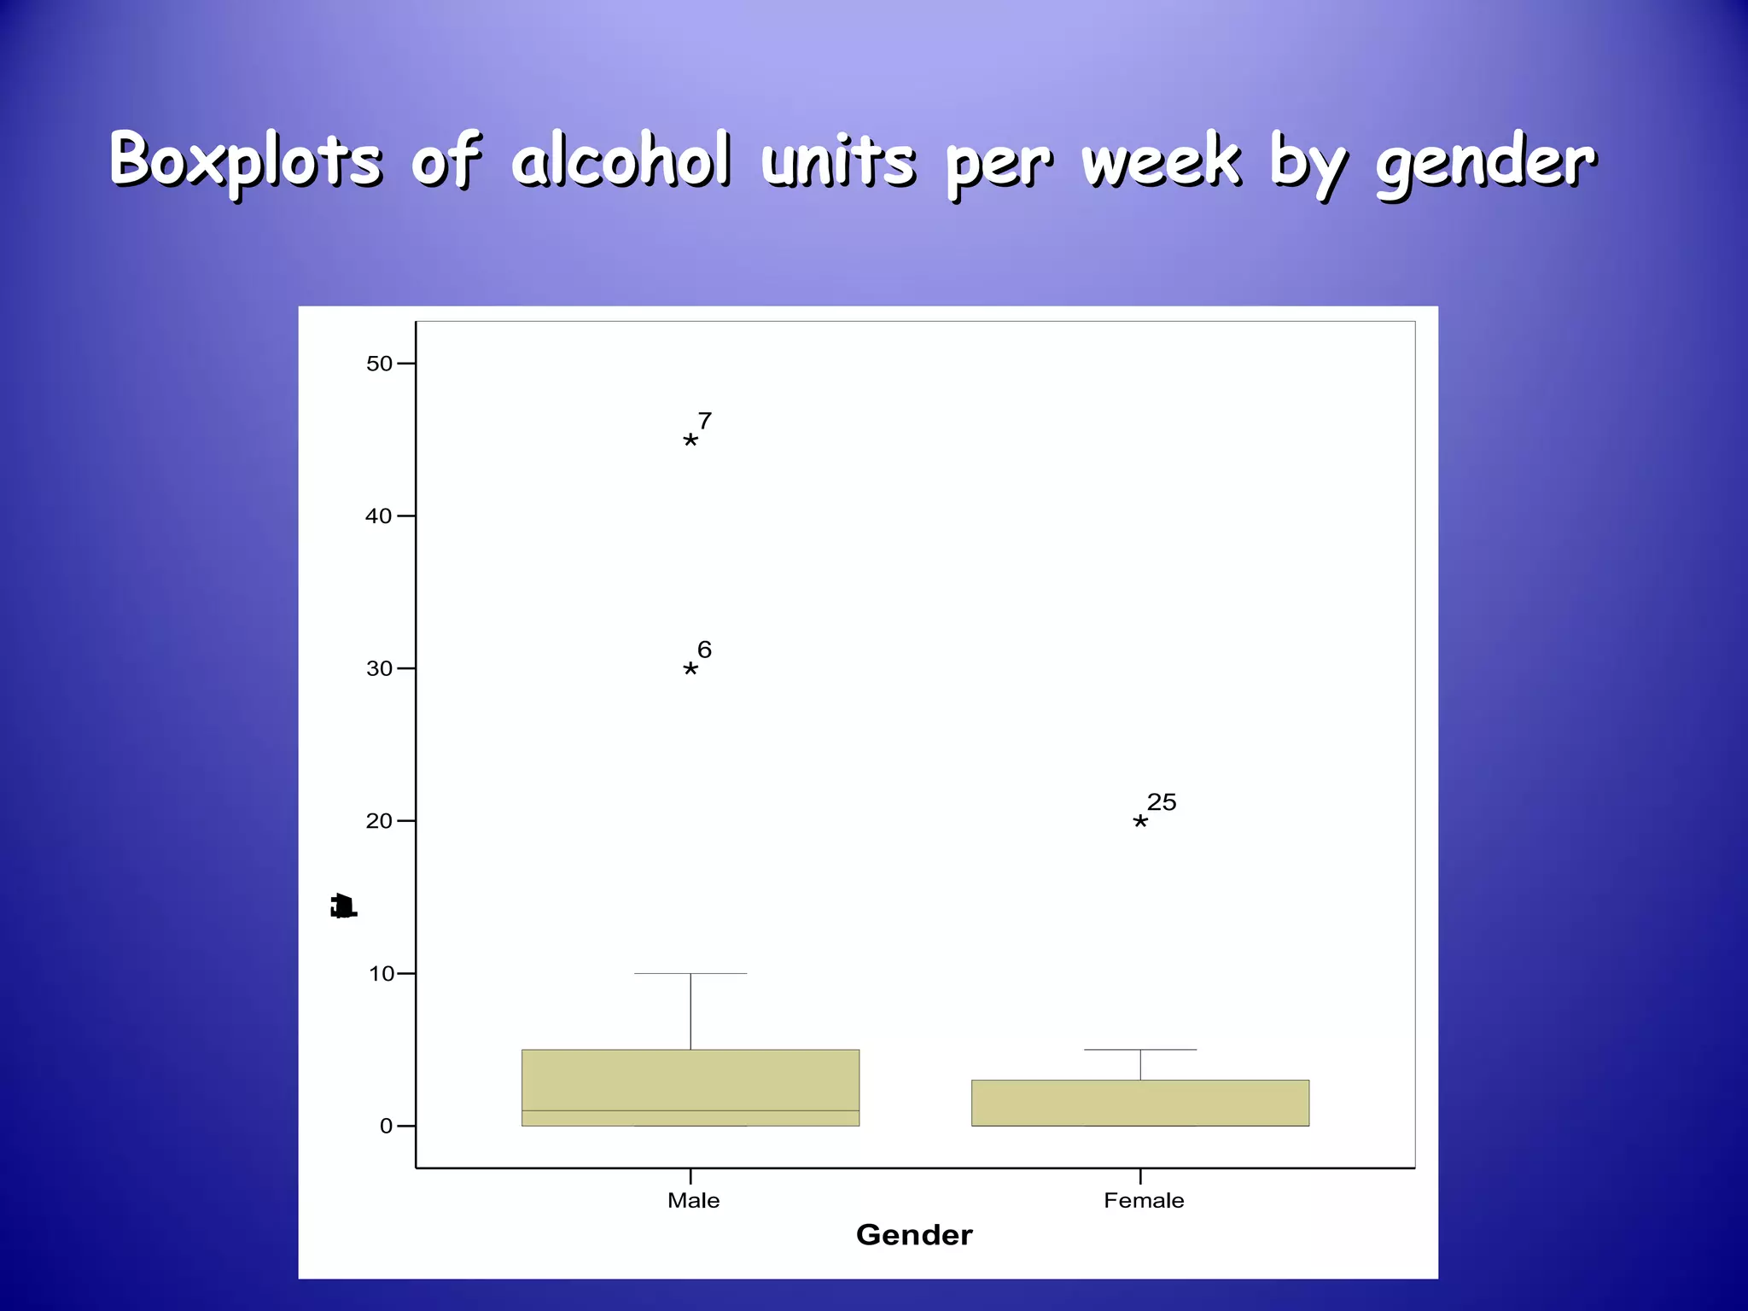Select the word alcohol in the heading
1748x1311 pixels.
tap(621, 160)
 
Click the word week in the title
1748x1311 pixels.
tap(1161, 160)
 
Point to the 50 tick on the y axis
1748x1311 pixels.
tap(379, 364)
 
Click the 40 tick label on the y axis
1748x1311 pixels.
tap(379, 516)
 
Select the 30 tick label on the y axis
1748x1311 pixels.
tap(379, 668)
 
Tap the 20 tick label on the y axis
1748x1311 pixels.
tap(379, 821)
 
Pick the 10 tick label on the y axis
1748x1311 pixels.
tap(381, 974)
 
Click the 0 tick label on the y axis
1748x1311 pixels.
tap(386, 1127)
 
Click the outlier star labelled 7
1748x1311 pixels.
tap(690, 440)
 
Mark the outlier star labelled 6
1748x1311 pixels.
tap(690, 669)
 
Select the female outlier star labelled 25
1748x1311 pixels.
tap(1140, 822)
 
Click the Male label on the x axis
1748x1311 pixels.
tap(693, 1201)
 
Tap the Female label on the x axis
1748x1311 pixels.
tap(1144, 1201)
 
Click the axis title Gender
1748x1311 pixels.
tap(914, 1235)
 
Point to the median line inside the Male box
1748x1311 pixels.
tap(690, 1110)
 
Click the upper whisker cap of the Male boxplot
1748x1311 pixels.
tap(690, 973)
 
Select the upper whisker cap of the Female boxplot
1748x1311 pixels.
tap(1140, 1050)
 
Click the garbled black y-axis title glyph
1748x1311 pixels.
tap(343, 906)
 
